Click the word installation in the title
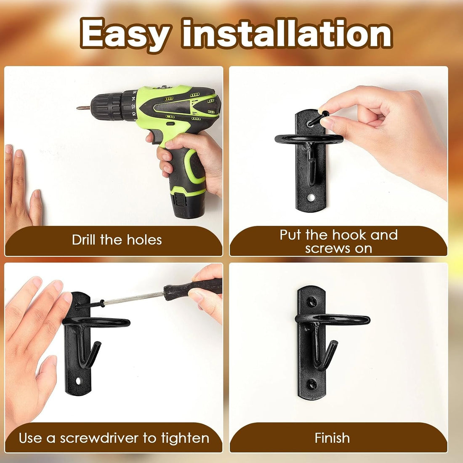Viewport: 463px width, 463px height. click(287, 33)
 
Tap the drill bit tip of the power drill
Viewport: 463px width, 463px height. click(78, 108)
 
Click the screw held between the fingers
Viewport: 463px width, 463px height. click(318, 118)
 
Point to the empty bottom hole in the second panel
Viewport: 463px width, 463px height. click(310, 197)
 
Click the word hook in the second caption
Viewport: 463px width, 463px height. click(350, 235)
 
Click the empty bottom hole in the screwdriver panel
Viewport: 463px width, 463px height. click(78, 381)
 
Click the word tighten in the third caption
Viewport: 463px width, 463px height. click(185, 438)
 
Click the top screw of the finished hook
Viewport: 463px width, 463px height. click(312, 301)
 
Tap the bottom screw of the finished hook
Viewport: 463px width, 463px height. click(312, 384)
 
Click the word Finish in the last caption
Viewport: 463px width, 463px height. click(332, 438)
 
